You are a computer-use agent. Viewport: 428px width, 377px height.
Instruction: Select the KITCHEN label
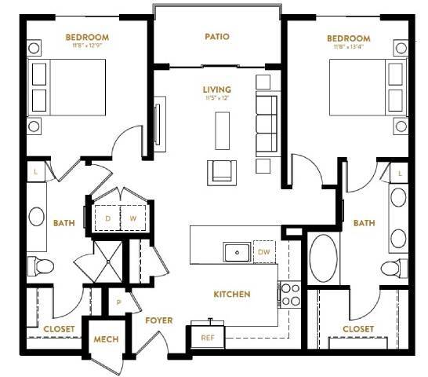pyautogui.click(x=233, y=295)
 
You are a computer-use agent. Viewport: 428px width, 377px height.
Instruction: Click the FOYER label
pyautogui.click(x=158, y=320)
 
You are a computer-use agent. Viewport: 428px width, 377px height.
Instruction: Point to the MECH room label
pyautogui.click(x=105, y=339)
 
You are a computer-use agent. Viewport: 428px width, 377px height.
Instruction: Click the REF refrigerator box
pyautogui.click(x=208, y=337)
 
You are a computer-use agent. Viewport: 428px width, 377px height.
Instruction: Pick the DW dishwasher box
pyautogui.click(x=264, y=251)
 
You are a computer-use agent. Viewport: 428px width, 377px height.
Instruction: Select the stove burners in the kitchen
pyautogui.click(x=290, y=294)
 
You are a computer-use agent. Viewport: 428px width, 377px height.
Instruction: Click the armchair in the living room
pyautogui.click(x=220, y=170)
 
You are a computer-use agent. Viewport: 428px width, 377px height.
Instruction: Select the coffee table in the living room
pyautogui.click(x=223, y=126)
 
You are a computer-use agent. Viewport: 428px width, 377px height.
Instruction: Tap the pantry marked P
pyautogui.click(x=118, y=301)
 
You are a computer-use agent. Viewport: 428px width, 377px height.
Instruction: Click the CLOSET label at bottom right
pyautogui.click(x=358, y=328)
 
